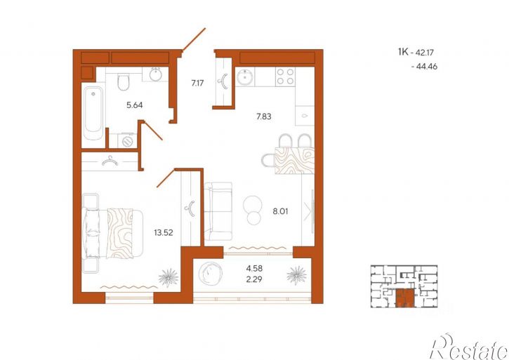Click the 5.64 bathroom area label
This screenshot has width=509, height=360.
pyautogui.click(x=134, y=105)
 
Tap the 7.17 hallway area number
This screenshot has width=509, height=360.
pyautogui.click(x=197, y=83)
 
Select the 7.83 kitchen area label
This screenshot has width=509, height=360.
pyautogui.click(x=263, y=116)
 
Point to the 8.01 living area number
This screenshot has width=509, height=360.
pyautogui.click(x=280, y=212)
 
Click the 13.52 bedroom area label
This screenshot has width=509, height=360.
pyautogui.click(x=164, y=232)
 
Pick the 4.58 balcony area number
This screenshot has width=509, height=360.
pyautogui.click(x=254, y=269)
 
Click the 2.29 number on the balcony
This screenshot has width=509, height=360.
pyautogui.click(x=254, y=279)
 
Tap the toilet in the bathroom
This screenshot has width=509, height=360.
pyautogui.click(x=124, y=82)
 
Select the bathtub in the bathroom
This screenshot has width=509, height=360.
pyautogui.click(x=93, y=112)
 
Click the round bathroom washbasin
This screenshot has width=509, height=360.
pyautogui.click(x=156, y=74)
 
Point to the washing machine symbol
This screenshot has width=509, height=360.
pyautogui.click(x=127, y=140)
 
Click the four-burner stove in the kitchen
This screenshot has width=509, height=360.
pyautogui.click(x=285, y=76)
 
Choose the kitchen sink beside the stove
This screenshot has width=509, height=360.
pyautogui.click(x=244, y=77)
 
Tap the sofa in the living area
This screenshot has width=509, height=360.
pyautogui.click(x=218, y=211)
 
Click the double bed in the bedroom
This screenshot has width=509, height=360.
pyautogui.click(x=112, y=233)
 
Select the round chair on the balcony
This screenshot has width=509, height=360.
pyautogui.click(x=210, y=273)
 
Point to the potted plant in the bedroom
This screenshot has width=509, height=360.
pyautogui.click(x=168, y=278)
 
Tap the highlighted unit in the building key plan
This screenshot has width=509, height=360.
pyautogui.click(x=405, y=298)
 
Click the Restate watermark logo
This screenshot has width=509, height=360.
pyautogui.click(x=469, y=347)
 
